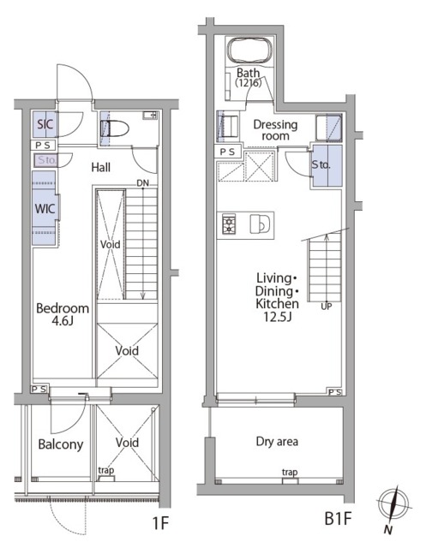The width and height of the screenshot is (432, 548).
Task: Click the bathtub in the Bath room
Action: pos(249,51)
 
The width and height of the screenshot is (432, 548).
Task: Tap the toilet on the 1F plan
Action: pos(115,128)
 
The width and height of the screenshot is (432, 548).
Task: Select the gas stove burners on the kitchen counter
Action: pos(229,225)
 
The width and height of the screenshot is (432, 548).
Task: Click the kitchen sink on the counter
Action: pos(260,224)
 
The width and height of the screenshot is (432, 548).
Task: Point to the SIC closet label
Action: pos(45,124)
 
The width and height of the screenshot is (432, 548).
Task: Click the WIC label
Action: pos(45,209)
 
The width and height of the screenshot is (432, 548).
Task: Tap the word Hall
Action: pos(101,168)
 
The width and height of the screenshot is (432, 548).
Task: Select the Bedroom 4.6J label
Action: pos(63,314)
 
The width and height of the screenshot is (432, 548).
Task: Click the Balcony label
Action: pos(61,444)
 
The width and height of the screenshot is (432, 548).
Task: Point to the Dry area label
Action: pos(277,442)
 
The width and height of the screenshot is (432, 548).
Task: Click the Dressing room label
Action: pos(275,130)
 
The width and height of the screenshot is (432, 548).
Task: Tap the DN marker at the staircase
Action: pos(143,183)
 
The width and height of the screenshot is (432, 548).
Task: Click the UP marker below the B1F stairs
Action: pos(327,307)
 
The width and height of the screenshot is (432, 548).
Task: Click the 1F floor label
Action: pos(160,523)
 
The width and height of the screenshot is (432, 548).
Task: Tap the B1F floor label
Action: pos(338,518)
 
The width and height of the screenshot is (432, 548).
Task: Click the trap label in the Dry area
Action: pos(290,473)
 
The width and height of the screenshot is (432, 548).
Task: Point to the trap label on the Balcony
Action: pos(106,470)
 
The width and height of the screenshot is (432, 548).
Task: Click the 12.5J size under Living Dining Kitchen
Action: pos(278,317)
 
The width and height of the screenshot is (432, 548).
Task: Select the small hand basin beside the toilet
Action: pos(150,116)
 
